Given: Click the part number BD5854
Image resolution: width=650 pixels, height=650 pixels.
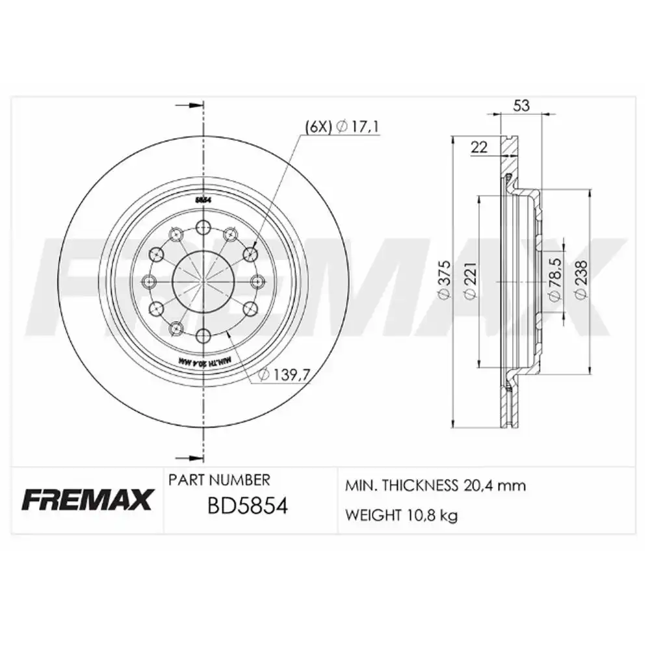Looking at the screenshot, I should coord(247,505).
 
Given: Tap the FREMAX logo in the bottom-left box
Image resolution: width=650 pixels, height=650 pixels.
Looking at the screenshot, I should coord(88,500).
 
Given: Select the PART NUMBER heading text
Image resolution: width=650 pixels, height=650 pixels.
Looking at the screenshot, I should coord(219,480).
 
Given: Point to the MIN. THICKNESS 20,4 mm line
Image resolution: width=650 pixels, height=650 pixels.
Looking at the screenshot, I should coord(435,486).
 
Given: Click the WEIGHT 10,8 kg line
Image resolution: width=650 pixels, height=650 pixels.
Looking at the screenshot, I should coord(401,515).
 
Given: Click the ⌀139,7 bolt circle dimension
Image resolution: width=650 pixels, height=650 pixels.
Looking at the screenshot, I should coord(283,374).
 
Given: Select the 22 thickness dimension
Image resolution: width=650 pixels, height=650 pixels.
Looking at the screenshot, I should coord(479,147).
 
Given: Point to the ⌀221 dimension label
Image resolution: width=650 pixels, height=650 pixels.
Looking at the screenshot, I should coord(471,282).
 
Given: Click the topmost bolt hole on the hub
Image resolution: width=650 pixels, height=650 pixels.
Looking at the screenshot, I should coord(203,227).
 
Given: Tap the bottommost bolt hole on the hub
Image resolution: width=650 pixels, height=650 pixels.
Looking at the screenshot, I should coord(203,335).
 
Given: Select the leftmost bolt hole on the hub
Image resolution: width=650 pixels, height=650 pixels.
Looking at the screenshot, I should coord(149,281).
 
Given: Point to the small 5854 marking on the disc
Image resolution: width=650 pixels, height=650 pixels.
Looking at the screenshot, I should coord(203,201).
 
